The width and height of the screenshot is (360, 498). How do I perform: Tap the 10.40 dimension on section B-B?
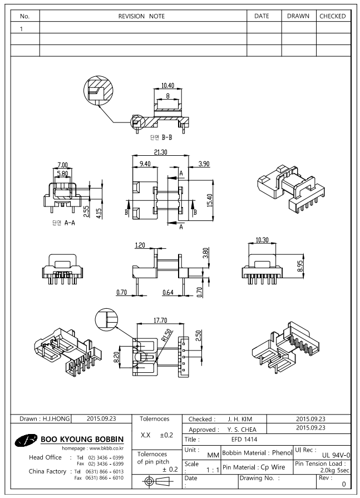[167, 85]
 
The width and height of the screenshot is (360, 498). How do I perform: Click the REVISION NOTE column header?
[142, 17]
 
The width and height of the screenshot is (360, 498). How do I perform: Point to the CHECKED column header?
[333, 17]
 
